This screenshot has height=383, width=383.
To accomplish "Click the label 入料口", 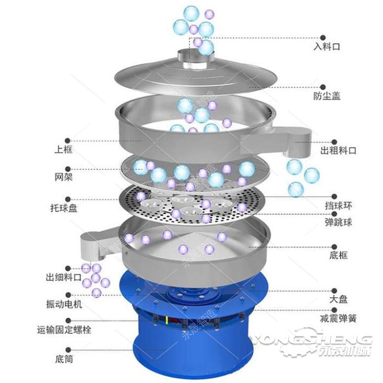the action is click(x=327, y=47).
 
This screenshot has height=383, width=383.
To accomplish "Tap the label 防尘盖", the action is click(x=327, y=96).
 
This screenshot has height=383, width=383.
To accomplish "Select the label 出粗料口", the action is click(x=338, y=150).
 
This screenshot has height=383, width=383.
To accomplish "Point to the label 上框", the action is click(x=63, y=149).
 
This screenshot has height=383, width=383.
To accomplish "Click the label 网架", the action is click(x=63, y=177).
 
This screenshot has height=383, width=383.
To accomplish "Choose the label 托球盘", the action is click(x=64, y=208).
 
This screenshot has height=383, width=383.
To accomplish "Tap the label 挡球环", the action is click(x=339, y=206).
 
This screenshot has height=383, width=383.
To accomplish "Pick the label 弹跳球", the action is click(x=339, y=222).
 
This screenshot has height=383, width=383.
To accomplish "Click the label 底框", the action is click(x=339, y=255).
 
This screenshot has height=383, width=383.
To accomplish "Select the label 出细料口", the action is click(x=63, y=277).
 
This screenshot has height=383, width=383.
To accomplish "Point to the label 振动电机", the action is click(x=64, y=304).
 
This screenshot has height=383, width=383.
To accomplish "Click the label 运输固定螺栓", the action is click(x=64, y=330).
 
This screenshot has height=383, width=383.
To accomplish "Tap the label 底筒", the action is click(x=64, y=359).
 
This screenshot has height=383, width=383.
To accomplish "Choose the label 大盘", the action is click(x=339, y=299).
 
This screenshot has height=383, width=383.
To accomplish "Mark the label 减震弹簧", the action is click(x=338, y=318).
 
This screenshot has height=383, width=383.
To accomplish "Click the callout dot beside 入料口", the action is click(x=323, y=38).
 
